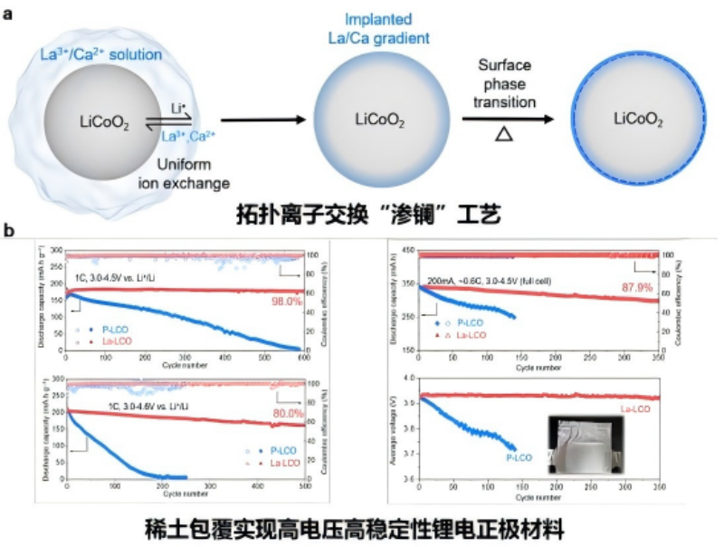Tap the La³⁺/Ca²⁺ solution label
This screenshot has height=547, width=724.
pyautogui.click(x=101, y=54)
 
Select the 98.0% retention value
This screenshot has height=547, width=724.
pyautogui.click(x=287, y=302)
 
